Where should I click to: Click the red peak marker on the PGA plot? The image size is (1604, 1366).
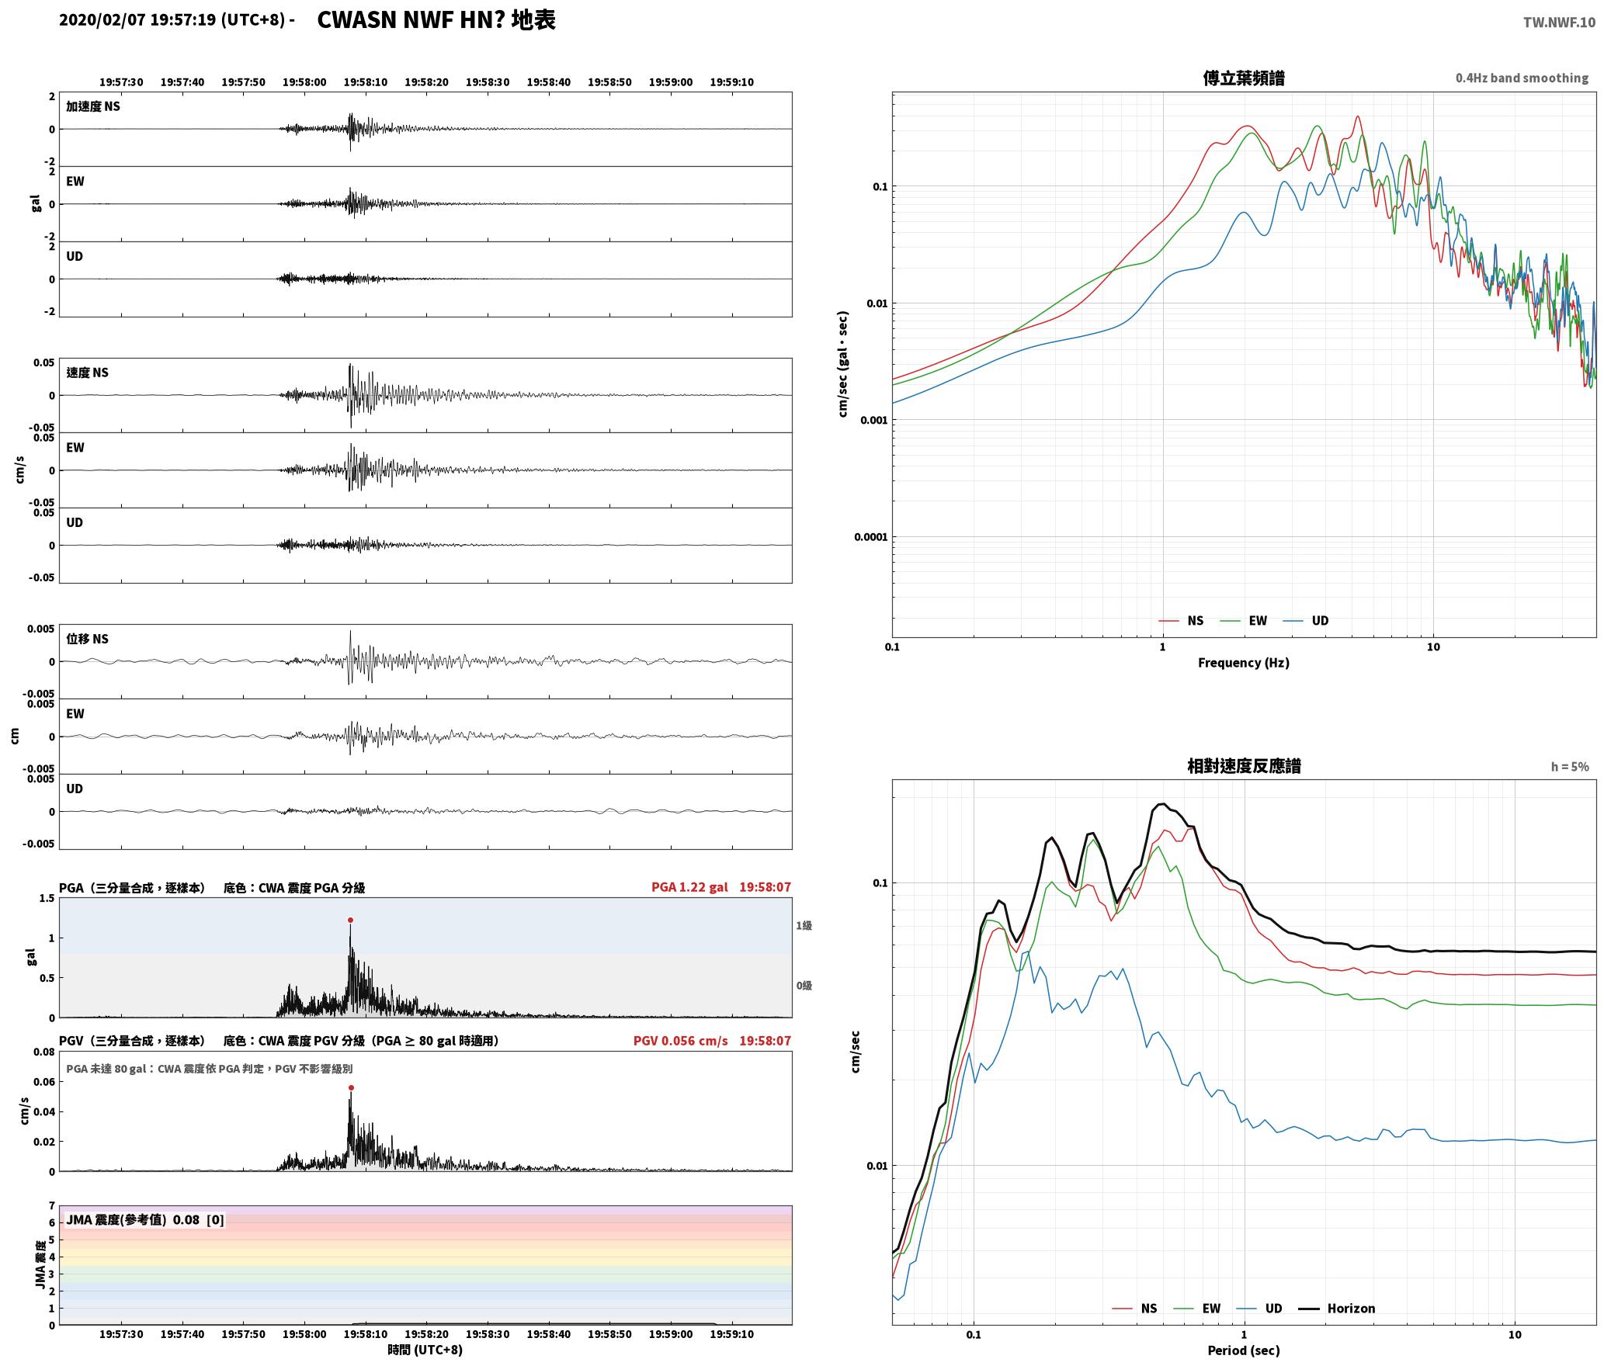click(350, 920)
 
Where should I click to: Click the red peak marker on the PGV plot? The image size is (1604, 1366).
click(351, 1088)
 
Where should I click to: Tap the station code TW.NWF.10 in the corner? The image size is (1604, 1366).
click(1559, 23)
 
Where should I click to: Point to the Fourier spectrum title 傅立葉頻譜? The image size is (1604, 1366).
click(1244, 78)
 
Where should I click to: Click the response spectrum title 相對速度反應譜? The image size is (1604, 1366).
click(1244, 766)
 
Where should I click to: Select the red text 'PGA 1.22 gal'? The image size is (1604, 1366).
click(689, 886)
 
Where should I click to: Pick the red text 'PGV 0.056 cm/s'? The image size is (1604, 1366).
click(681, 1040)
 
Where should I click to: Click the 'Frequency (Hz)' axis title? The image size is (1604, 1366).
click(1244, 662)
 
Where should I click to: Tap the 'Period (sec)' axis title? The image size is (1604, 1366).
click(1244, 1350)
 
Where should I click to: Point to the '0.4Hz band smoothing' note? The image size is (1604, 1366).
click(1522, 78)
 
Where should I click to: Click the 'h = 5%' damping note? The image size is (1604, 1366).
click(1570, 767)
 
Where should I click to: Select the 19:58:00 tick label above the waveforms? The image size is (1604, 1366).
click(304, 81)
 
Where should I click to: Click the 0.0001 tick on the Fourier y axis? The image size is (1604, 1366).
click(870, 537)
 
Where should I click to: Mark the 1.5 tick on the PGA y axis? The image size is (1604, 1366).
click(47, 898)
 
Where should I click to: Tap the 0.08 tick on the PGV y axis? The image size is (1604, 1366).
click(44, 1052)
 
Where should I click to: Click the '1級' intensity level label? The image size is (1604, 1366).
click(804, 925)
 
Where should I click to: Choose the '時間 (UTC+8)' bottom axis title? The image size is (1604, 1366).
click(425, 1350)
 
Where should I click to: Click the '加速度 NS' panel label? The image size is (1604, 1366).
click(93, 106)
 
